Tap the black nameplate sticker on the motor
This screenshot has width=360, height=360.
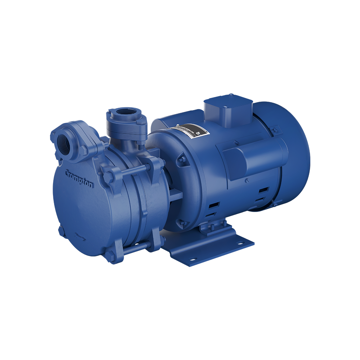190,132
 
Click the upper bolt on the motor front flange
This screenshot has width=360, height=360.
182,159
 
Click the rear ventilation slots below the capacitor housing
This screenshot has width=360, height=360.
263,193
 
